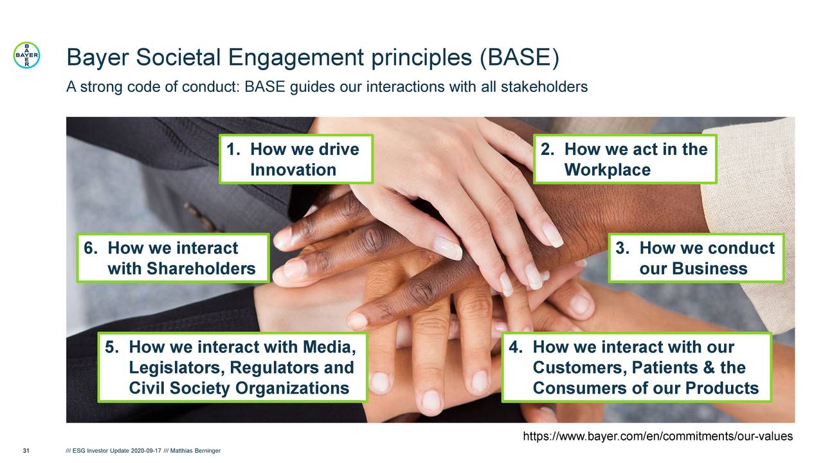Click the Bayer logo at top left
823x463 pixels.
coord(27,55)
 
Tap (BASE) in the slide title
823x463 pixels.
coord(519,59)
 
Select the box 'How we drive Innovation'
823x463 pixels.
coord(296,159)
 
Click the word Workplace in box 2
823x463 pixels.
coord(607,170)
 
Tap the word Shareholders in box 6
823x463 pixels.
coord(181,269)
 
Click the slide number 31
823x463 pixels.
coord(26,450)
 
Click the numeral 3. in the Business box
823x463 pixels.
coord(622,249)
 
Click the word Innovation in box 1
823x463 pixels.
coord(293,170)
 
